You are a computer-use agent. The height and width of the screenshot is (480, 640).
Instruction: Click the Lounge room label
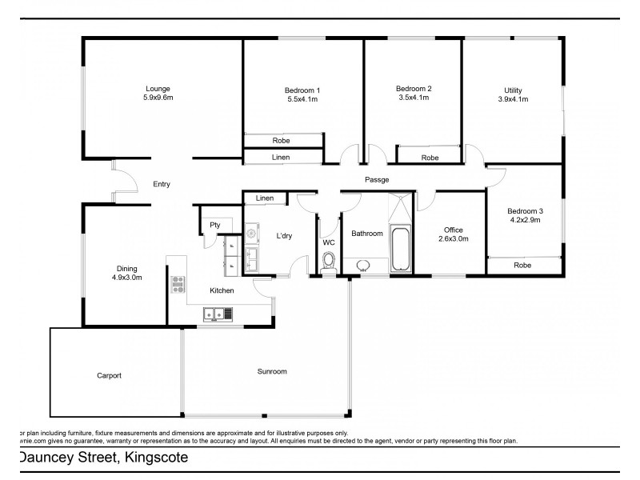coord(158,89)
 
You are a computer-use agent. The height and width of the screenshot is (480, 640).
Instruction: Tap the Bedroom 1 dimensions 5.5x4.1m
coord(302,100)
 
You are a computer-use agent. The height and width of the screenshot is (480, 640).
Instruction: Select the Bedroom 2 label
coord(414,89)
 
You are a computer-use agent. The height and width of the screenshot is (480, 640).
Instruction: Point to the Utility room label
coord(513,90)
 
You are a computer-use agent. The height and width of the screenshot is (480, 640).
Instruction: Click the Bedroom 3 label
coord(526,211)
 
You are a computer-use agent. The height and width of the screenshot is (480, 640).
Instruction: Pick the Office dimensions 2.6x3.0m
coord(453,238)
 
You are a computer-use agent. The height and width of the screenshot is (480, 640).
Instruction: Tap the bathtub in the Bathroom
coord(399,249)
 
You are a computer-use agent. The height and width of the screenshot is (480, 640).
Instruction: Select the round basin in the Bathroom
coord(365,265)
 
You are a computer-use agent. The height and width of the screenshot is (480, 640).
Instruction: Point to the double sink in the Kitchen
coord(214,314)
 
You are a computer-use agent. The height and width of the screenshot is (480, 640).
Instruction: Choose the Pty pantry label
coord(214,226)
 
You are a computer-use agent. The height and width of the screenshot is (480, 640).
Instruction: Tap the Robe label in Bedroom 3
coord(522,265)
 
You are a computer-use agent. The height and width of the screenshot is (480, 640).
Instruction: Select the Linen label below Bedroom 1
coord(280,158)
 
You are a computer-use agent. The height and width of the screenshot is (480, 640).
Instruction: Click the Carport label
coord(109,375)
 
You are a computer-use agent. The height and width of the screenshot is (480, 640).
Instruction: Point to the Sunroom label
coord(271,371)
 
